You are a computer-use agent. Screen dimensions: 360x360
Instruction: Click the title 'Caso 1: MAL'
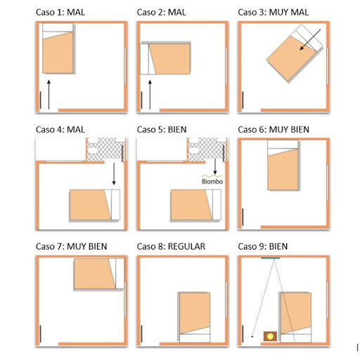[x=60, y=12]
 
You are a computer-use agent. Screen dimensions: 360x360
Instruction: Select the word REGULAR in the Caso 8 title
[x=186, y=246]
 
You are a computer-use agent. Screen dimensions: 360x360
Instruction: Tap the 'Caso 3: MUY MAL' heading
[x=273, y=12]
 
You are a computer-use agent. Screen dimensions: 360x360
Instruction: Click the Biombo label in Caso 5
[x=212, y=181]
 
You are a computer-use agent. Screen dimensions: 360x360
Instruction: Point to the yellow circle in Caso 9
[x=270, y=336]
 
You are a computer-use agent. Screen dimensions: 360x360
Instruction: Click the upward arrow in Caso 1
[x=49, y=94]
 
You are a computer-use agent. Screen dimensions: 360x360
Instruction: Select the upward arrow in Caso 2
[x=150, y=94]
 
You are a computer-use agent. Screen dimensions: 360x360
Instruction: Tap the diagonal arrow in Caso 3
[x=310, y=39]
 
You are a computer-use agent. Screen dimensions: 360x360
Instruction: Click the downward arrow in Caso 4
[x=114, y=174]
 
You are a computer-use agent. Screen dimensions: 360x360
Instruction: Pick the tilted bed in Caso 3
[x=295, y=53]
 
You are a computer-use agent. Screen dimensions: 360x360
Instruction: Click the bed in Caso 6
[x=283, y=165]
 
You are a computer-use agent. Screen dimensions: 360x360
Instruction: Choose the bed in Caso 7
[x=99, y=274]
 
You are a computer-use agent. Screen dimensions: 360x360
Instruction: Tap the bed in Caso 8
[x=195, y=317]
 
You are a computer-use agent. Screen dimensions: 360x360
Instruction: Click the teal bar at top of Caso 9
[x=271, y=258]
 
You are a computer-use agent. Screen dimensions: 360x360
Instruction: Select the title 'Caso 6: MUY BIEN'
[x=274, y=129]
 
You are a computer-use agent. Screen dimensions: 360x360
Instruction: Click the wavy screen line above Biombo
[x=212, y=176]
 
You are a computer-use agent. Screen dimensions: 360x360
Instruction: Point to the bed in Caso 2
[x=165, y=59]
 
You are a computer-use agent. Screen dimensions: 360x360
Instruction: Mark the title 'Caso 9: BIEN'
[x=263, y=246]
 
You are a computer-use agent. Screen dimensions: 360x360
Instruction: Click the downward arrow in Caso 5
[x=215, y=167]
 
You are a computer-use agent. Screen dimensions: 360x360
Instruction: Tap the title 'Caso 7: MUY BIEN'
[x=72, y=246]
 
